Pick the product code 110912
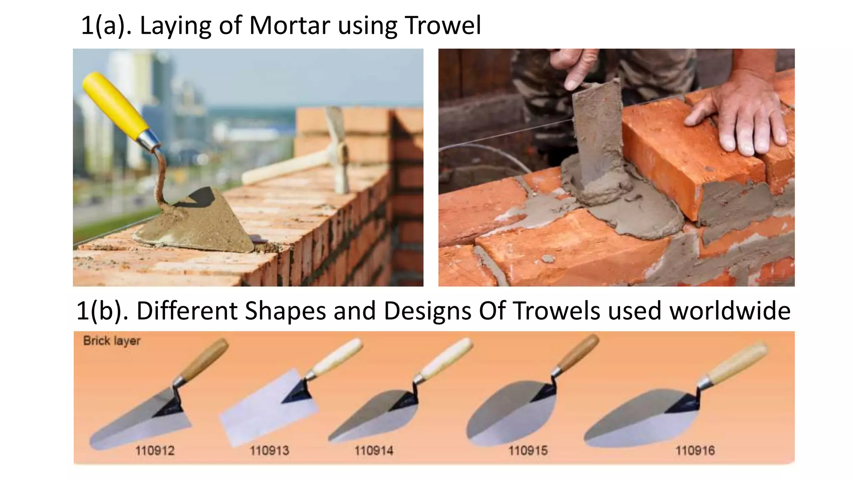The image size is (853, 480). tap(155, 450)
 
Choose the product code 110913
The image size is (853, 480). tap(269, 450)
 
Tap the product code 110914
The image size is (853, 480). tap(374, 450)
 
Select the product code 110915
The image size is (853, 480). tap(528, 450)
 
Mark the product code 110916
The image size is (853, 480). tap(695, 450)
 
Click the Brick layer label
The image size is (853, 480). tap(112, 341)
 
